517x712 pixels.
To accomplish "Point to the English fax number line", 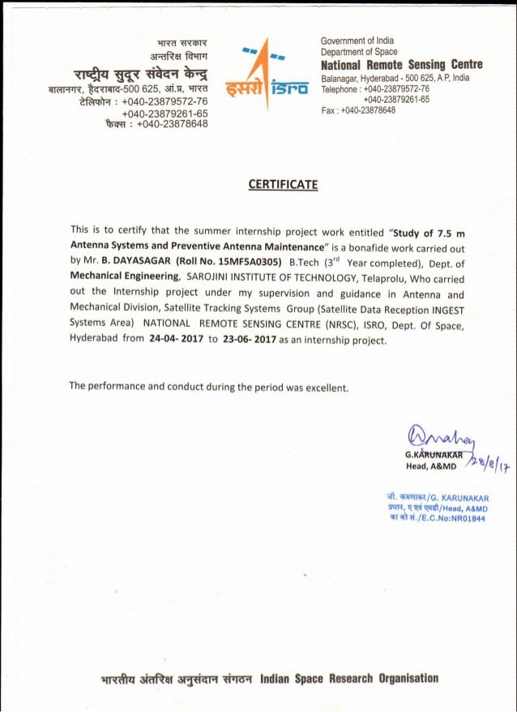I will click(358, 109).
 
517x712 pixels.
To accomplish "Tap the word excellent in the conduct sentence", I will click(323, 386).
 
